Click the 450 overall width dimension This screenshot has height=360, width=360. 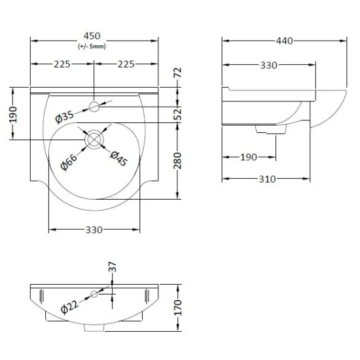(92, 36)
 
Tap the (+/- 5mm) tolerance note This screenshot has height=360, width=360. (92, 46)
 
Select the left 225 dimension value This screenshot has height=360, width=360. (62, 64)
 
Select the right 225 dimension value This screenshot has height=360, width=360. (126, 64)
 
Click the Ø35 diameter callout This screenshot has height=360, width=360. (65, 117)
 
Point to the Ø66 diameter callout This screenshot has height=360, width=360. (69, 162)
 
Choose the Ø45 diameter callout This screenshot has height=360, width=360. (118, 158)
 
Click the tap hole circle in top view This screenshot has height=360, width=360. (94, 107)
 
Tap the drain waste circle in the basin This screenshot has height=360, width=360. (94, 139)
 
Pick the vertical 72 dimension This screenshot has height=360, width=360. (178, 73)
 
